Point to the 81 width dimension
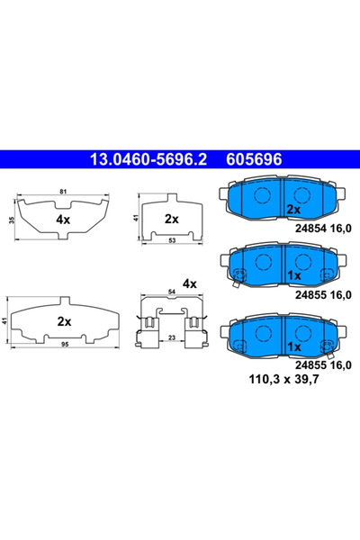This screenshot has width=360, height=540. pos(62,191)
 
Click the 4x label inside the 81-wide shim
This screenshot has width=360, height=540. pos(62,219)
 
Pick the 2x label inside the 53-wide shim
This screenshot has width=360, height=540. pos(171,219)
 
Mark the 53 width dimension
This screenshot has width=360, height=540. pos(171,240)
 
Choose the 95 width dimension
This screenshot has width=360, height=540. pos(63,342)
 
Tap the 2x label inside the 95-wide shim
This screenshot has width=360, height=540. pos(64,320)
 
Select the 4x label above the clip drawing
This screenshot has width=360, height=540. pos(189,283)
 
